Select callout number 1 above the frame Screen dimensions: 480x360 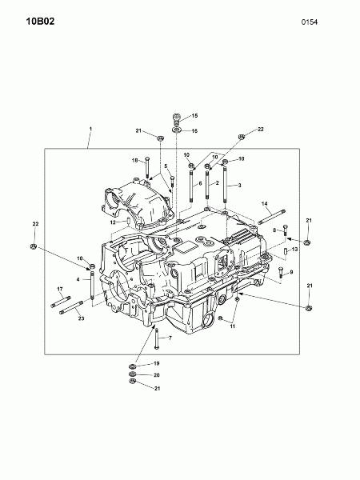pos(90,130)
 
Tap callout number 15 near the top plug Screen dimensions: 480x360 pos(193,117)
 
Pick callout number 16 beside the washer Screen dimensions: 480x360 pos(193,130)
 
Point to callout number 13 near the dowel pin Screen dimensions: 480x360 pos(294,250)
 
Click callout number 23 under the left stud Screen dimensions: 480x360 pos(81,318)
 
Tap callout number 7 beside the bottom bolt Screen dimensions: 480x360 pos(170,338)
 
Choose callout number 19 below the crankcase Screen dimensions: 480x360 pos(156,364)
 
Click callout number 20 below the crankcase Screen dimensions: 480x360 pos(156,375)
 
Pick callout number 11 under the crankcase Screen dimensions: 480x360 pos(233,326)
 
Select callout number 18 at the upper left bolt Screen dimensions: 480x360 pos(135,161)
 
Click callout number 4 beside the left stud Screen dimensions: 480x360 pos(78,279)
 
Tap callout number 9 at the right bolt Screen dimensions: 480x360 pos(290,273)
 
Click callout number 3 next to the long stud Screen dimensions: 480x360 pos(238,186)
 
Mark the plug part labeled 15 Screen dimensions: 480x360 pos(177,120)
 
